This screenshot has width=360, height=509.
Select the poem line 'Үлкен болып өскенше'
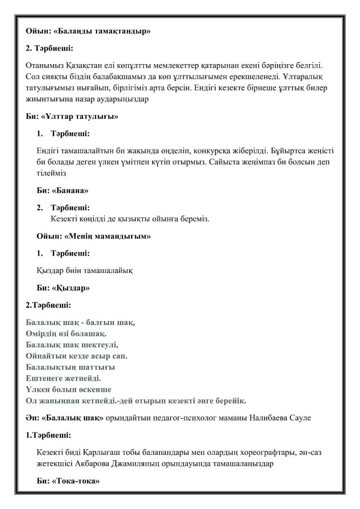[68, 389]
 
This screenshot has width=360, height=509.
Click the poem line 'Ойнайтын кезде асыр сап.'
[77, 355]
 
